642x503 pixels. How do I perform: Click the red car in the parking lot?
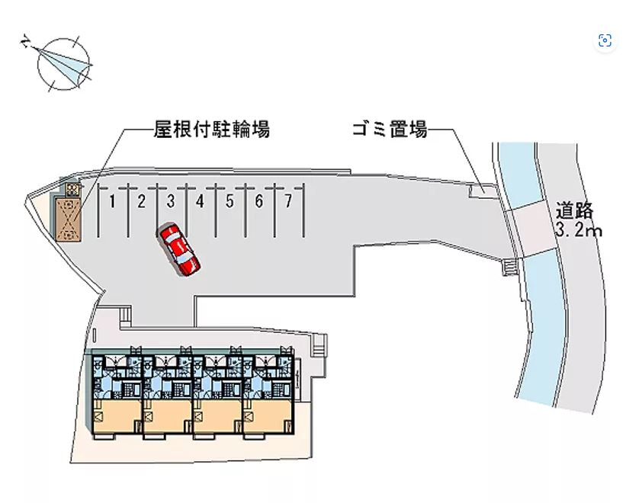point(180,248)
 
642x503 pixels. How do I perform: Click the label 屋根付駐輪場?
point(211,130)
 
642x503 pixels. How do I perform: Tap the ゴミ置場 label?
point(389,130)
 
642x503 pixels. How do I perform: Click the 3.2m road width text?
point(579,229)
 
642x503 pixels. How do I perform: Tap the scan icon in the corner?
point(605,41)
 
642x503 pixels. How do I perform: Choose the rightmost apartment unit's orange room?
point(268,418)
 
